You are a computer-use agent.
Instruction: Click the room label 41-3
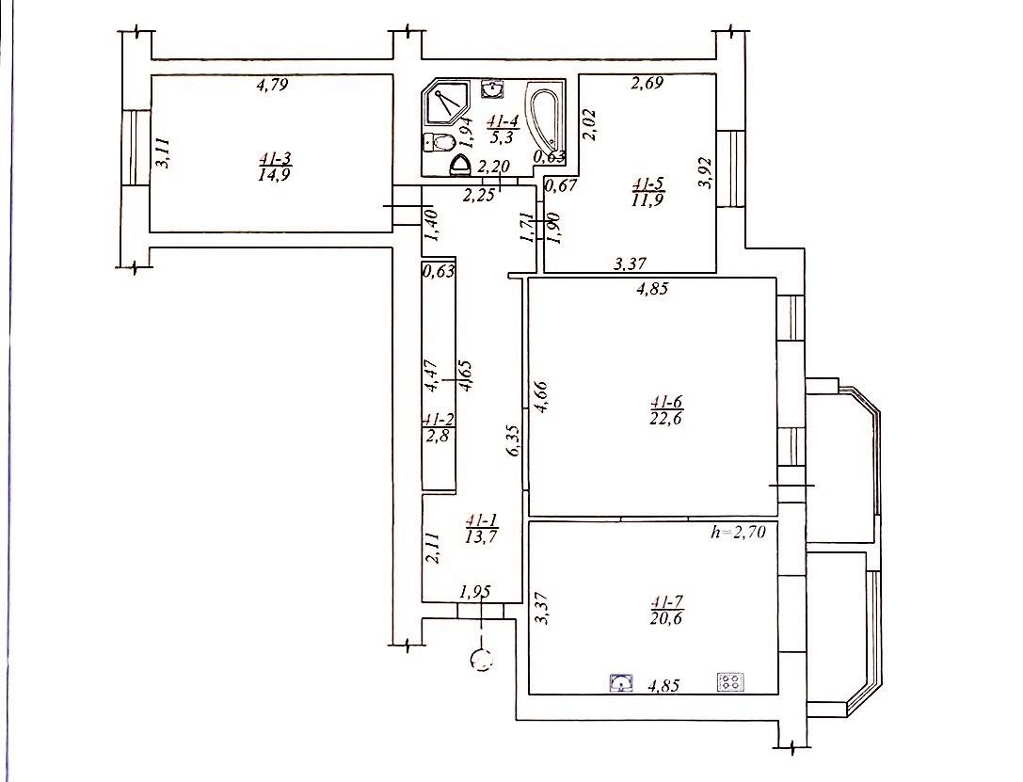tap(274, 158)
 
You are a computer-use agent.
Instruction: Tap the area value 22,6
tap(665, 419)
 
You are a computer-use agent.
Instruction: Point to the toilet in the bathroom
tap(440, 141)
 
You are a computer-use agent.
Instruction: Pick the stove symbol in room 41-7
tap(730, 682)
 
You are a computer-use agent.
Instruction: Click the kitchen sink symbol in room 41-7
tap(622, 683)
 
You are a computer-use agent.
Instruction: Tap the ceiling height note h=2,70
tap(738, 533)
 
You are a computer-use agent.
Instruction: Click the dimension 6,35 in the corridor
tap(514, 441)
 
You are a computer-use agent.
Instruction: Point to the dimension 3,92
tap(705, 173)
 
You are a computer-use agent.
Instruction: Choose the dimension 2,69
tap(646, 83)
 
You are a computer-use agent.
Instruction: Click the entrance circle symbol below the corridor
tap(482, 662)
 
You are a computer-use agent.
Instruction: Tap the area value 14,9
tap(274, 174)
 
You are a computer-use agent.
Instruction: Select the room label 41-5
tap(647, 184)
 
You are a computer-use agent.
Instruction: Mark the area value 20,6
tap(666, 618)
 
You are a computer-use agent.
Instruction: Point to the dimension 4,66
tap(541, 396)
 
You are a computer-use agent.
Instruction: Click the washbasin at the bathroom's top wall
tap(491, 88)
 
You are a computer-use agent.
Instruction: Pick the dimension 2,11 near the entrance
tap(433, 548)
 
